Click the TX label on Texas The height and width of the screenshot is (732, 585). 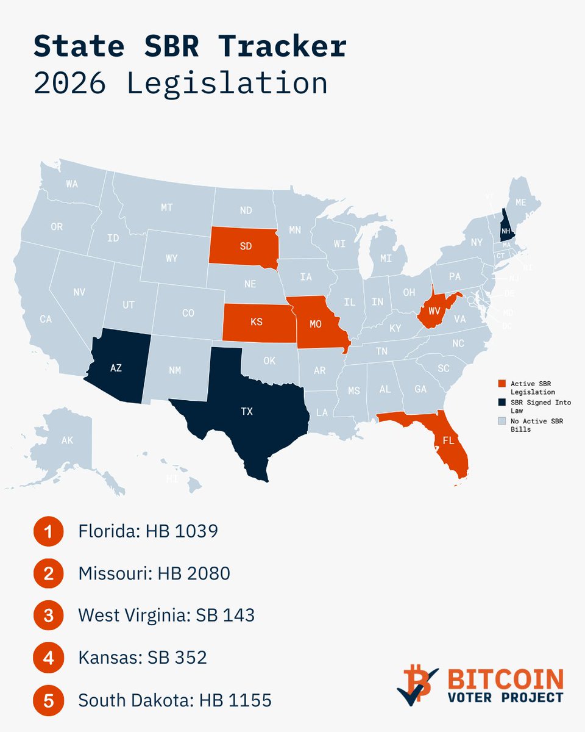(x=246, y=412)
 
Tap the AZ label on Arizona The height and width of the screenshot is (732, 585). (x=115, y=368)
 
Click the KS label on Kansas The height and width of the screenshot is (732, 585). (x=257, y=321)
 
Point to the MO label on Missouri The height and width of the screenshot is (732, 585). (x=315, y=325)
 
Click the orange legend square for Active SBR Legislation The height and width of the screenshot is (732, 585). (x=501, y=383)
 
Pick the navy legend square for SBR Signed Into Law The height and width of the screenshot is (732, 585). (x=501, y=402)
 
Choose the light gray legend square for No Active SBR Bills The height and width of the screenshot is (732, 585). (x=501, y=421)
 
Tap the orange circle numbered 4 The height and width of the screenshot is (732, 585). (x=48, y=658)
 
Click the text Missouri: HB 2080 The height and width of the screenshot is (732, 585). (x=154, y=573)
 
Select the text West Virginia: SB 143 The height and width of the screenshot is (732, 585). (x=166, y=615)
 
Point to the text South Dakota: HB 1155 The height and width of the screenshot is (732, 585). (x=175, y=700)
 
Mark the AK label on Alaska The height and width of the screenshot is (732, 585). (x=67, y=440)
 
